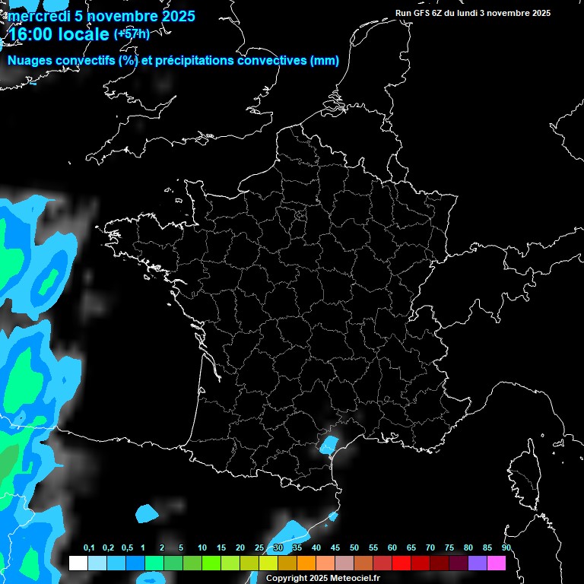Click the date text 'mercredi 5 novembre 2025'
tap(101, 16)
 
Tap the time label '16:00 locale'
tap(59, 34)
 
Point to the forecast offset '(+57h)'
tap(132, 33)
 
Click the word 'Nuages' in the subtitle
tap(30, 61)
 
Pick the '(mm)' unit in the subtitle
tap(325, 61)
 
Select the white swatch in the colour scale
tap(78, 563)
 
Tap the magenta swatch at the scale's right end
tap(497, 563)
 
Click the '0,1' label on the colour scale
tap(89, 547)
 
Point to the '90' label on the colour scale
tap(506, 547)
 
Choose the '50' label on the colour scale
tap(354, 547)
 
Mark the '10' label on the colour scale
tap(202, 547)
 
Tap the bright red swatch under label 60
tap(401, 563)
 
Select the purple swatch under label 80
tap(478, 563)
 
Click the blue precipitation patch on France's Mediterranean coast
tap(329, 444)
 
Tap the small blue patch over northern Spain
tap(147, 513)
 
